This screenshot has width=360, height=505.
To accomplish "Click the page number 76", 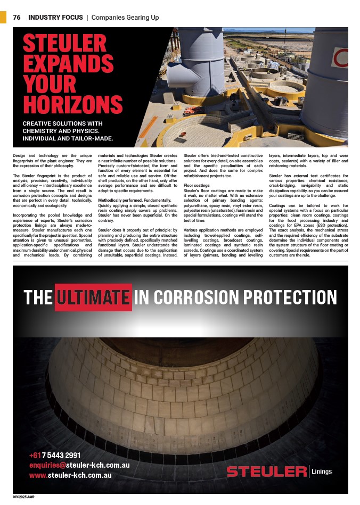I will click(17, 18).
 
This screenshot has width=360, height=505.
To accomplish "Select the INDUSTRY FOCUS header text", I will click(55, 18).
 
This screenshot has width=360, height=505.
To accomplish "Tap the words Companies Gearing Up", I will click(125, 18).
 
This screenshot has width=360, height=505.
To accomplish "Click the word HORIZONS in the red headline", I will click(72, 105).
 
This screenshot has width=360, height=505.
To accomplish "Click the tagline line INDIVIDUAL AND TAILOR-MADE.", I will click(68, 138).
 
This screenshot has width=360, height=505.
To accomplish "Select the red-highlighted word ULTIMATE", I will click(93, 297).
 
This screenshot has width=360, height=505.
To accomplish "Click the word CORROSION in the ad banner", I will click(189, 297).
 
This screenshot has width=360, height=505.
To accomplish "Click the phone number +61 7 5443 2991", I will click(55, 455).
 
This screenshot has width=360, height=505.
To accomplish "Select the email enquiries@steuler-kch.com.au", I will click(79, 465).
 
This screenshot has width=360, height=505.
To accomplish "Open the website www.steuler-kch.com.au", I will click(70, 475).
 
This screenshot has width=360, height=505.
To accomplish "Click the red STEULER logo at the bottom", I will click(266, 471).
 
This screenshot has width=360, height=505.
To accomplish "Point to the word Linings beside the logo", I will click(322, 471).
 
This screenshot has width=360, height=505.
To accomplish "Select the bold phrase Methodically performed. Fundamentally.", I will click(134, 200).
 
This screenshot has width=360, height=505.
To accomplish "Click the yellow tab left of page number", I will click(3, 17).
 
